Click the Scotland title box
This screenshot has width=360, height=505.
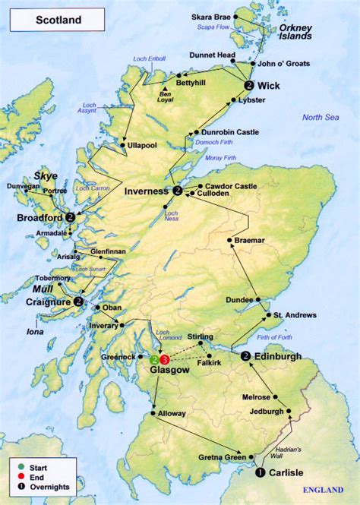[57, 21]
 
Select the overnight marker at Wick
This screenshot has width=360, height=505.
[250, 86]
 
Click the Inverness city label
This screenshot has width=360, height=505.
[148, 191]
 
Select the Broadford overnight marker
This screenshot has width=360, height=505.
[71, 216]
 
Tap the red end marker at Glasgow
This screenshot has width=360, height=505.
[165, 359]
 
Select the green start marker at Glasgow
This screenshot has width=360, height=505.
[155, 359]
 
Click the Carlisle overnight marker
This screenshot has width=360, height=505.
[261, 472]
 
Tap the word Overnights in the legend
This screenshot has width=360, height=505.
[50, 486]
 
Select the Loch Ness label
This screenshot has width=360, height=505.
[171, 219]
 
